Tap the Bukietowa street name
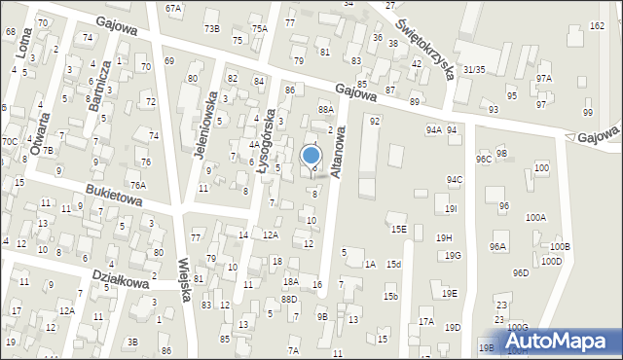click(x=114, y=195)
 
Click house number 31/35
click(x=474, y=70)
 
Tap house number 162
click(x=597, y=25)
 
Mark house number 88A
click(x=325, y=111)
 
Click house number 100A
click(x=535, y=217)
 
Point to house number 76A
click(x=138, y=185)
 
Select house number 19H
click(x=444, y=237)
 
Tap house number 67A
click(x=173, y=8)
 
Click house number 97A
click(x=543, y=79)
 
